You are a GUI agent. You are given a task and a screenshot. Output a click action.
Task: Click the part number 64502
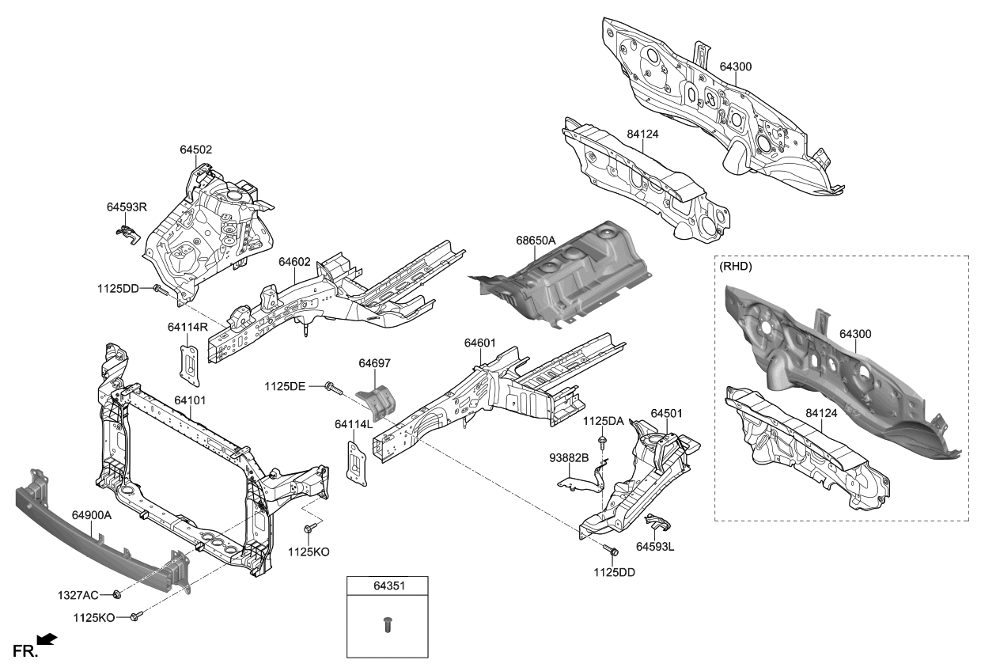point(195,150)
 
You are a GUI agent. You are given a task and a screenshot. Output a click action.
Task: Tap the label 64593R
point(127,207)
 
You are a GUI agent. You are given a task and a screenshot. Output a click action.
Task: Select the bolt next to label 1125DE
point(333,387)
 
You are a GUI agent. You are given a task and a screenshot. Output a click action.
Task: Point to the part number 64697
point(374,363)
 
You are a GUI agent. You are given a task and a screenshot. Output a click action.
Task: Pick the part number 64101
point(190,400)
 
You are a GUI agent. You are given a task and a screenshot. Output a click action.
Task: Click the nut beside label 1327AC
point(116,593)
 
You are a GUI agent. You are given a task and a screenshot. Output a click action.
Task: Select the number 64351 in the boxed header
point(388,586)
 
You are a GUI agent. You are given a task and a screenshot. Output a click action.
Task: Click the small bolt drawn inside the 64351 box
point(388,624)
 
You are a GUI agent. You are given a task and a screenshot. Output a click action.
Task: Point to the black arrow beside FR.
point(47,639)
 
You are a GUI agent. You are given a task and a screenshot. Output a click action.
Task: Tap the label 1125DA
point(604,422)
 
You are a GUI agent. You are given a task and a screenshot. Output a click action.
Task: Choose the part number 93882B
point(570,457)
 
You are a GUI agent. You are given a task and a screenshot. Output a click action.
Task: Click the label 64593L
point(656,546)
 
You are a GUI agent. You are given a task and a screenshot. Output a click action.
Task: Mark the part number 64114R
point(187,326)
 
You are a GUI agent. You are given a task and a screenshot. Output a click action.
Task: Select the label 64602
point(294,261)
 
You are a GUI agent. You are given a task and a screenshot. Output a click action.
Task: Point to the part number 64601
point(479,343)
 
